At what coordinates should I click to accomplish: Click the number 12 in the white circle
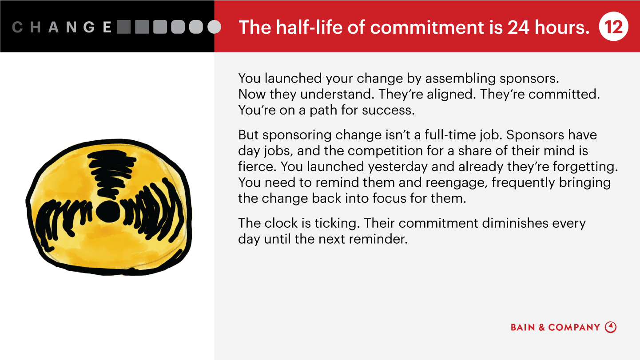613,27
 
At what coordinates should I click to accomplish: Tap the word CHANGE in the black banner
62,27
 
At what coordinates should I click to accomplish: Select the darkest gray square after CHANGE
124,27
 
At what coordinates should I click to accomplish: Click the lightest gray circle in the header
214,27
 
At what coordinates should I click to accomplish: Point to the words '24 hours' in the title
548,27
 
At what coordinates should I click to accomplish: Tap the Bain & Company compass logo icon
611,327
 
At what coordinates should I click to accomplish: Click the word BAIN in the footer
523,327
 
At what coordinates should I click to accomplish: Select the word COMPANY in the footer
574,327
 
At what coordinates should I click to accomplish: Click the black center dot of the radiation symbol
108,211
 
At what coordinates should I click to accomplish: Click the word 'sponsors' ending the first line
529,79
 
